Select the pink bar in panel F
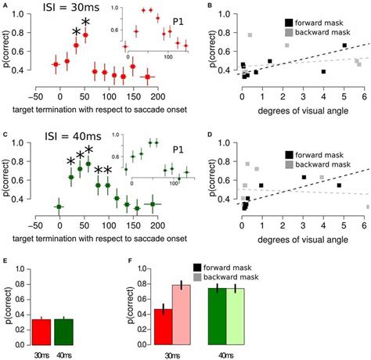click(182, 314)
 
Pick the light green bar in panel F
click(235, 316)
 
